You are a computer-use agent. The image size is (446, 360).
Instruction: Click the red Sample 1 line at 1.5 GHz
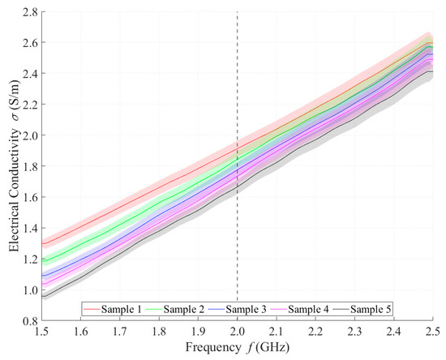(x=43, y=244)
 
